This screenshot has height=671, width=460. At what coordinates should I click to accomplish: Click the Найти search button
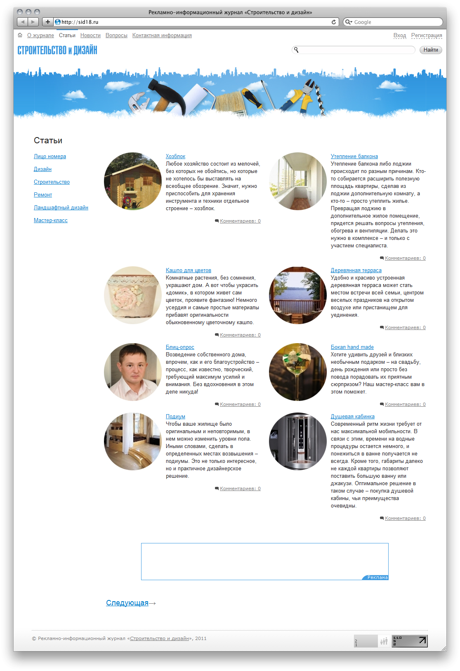[x=431, y=50]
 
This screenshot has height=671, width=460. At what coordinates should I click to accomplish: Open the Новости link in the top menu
[x=90, y=36]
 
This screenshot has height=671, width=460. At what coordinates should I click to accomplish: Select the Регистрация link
[x=427, y=36]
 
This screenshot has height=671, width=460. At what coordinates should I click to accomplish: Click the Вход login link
[x=399, y=36]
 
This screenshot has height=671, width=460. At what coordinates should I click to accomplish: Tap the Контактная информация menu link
[x=162, y=36]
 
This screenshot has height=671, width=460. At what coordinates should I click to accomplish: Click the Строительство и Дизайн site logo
[x=57, y=50]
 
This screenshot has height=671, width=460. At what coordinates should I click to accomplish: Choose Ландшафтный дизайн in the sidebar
[x=61, y=208]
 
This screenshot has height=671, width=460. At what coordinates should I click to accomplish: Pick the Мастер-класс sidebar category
[x=51, y=221]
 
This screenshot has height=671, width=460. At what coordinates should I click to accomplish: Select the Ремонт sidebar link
[x=43, y=195]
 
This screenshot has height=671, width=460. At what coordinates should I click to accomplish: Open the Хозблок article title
[x=175, y=156]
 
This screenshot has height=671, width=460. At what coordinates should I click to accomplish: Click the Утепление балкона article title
[x=354, y=156]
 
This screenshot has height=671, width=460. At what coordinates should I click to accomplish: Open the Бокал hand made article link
[x=352, y=347]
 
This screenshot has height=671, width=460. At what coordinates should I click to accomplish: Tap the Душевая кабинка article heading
[x=352, y=417]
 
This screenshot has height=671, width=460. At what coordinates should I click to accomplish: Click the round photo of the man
[x=133, y=372]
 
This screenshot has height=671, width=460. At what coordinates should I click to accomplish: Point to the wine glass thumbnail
[x=298, y=372]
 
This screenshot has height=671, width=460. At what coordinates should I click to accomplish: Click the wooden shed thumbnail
[x=133, y=181]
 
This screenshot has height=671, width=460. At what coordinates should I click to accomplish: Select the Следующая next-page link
[x=127, y=603]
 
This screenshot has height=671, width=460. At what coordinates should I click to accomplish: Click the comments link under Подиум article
[x=240, y=489]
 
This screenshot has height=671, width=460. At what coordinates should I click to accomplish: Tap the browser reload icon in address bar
[x=333, y=22]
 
